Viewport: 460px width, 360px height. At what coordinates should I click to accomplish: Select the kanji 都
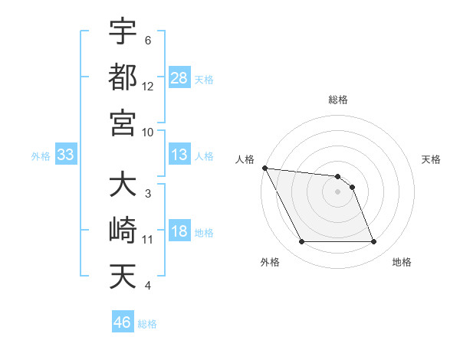(123, 77)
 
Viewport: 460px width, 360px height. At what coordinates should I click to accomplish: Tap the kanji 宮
(123, 123)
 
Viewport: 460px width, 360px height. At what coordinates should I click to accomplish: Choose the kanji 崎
(123, 231)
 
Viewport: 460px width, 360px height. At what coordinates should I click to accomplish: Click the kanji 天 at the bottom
(123, 277)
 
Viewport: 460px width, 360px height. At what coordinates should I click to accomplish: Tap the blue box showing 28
(179, 77)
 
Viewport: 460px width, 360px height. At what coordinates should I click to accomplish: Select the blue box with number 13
(179, 155)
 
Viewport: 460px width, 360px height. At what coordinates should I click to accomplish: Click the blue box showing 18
(179, 232)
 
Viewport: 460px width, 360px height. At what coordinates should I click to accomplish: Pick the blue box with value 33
(65, 155)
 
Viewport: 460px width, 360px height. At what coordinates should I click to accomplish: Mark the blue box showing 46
(123, 322)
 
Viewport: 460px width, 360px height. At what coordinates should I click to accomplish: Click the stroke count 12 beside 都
(148, 87)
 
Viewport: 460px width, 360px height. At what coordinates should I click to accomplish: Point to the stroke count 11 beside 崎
(148, 240)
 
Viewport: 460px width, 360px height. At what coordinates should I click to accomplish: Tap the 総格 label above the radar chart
(338, 100)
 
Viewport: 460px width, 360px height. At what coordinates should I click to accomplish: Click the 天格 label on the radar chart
(432, 159)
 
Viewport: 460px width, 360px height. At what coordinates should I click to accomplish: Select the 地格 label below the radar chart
(402, 262)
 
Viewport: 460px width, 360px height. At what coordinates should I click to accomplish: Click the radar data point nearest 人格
(264, 168)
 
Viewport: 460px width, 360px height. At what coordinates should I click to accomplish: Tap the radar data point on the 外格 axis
(301, 242)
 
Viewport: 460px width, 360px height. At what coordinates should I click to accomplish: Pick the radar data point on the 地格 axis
(374, 242)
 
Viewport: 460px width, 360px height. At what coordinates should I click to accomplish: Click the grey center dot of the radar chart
(338, 191)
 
